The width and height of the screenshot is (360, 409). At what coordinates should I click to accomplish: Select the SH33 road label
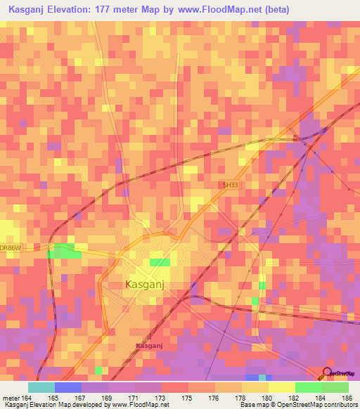[x=230, y=185]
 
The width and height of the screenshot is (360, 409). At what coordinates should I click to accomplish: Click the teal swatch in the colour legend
[x=41, y=387]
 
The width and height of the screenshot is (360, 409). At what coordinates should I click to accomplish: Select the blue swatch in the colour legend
[x=68, y=387]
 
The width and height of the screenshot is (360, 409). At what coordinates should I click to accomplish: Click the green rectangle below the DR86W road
[x=63, y=250]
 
